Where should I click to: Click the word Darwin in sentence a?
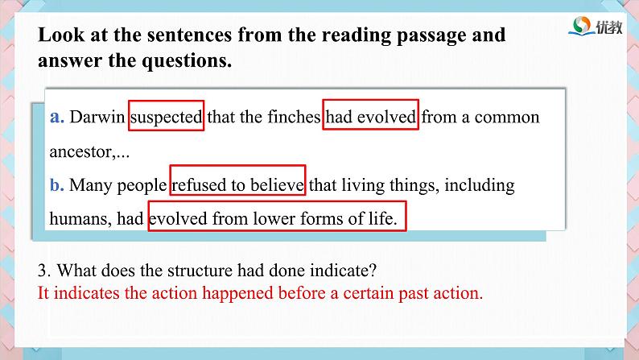tap(97, 117)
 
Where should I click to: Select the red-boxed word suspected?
tap(166, 118)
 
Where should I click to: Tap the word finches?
tap(295, 117)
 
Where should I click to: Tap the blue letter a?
tap(57, 118)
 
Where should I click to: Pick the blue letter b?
tap(57, 184)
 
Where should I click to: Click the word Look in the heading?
tap(61, 35)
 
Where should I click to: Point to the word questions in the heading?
tap(187, 61)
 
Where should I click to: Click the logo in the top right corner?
tap(596, 27)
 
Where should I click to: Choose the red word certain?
tap(369, 293)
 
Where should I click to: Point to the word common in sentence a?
tap(506, 118)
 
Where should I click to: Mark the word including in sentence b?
tap(480, 185)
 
